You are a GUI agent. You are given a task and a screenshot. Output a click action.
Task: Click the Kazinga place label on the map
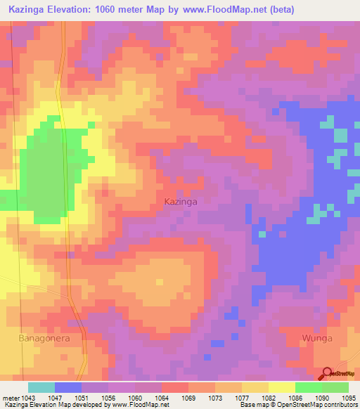tap(181, 201)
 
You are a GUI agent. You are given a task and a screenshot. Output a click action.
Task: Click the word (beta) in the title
tap(280, 10)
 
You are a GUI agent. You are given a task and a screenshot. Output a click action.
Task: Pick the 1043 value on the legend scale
tap(29, 397)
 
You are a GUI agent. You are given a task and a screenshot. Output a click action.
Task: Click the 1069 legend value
tap(188, 397)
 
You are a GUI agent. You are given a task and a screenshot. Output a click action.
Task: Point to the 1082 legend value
tap(268, 397)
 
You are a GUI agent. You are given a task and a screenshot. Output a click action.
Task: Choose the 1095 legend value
tap(348, 397)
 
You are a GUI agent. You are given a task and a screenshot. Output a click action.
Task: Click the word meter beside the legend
tap(11, 397)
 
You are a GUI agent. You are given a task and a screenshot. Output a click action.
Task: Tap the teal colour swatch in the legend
tap(41, 387)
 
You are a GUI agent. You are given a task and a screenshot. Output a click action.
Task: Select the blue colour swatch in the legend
tap(68, 387)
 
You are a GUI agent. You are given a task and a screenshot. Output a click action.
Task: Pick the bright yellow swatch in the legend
tap(281, 387)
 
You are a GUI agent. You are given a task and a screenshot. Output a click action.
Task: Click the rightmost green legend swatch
tap(335, 387)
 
